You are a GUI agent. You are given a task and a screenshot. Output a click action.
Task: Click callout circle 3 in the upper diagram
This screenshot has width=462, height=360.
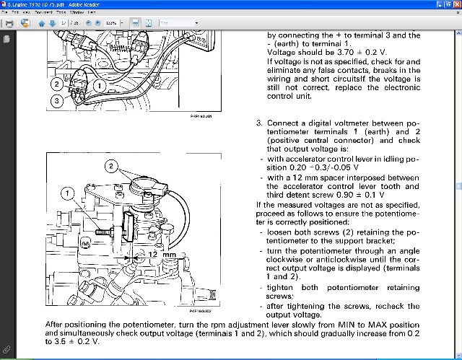click(x=56, y=102)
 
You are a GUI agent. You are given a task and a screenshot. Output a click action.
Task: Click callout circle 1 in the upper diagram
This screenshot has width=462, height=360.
click(x=102, y=85)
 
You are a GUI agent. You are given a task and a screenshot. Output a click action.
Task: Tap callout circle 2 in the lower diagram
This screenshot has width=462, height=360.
click(x=110, y=167)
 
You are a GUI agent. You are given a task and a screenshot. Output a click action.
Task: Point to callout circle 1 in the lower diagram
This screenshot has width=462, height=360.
click(x=67, y=193)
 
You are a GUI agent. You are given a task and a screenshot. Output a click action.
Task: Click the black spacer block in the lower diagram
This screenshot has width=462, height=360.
click(x=130, y=226)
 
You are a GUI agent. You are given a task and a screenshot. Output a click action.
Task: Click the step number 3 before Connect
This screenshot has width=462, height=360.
click(x=258, y=123)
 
